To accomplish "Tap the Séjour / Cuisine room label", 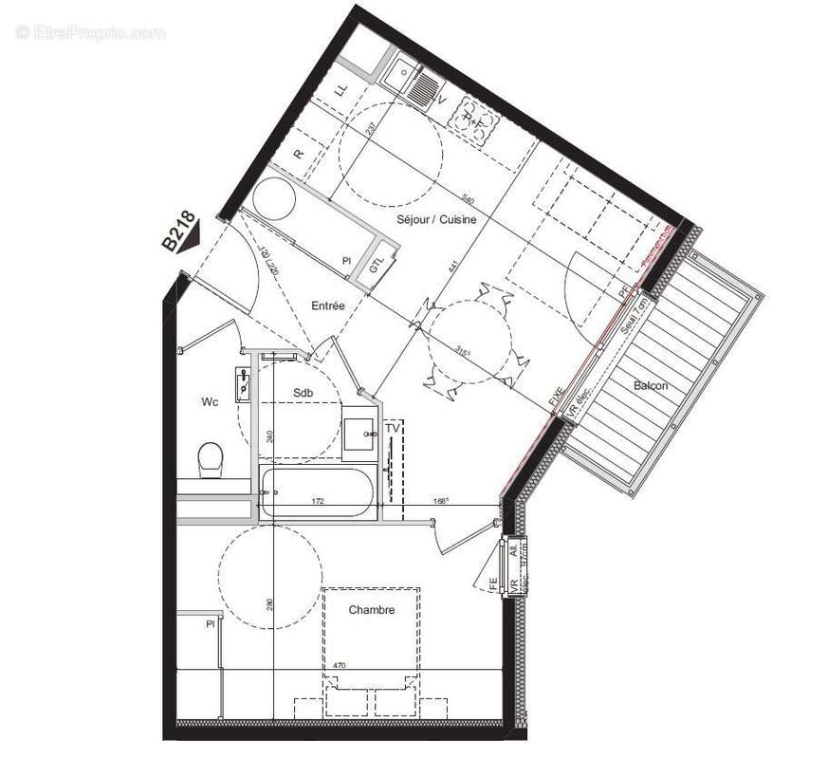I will coord(436,220).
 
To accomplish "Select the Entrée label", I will coord(327,305).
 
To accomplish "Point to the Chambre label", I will coord(371,610).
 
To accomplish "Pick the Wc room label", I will coord(210,402).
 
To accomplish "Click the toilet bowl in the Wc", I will coord(211,460).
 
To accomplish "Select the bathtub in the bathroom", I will coord(319,492).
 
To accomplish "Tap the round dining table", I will coord(471,342).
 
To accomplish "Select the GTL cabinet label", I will coord(376,266).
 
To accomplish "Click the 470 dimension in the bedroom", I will coord(339,665).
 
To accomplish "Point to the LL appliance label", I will coord(341,90).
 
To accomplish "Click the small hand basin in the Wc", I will coord(244,384).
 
